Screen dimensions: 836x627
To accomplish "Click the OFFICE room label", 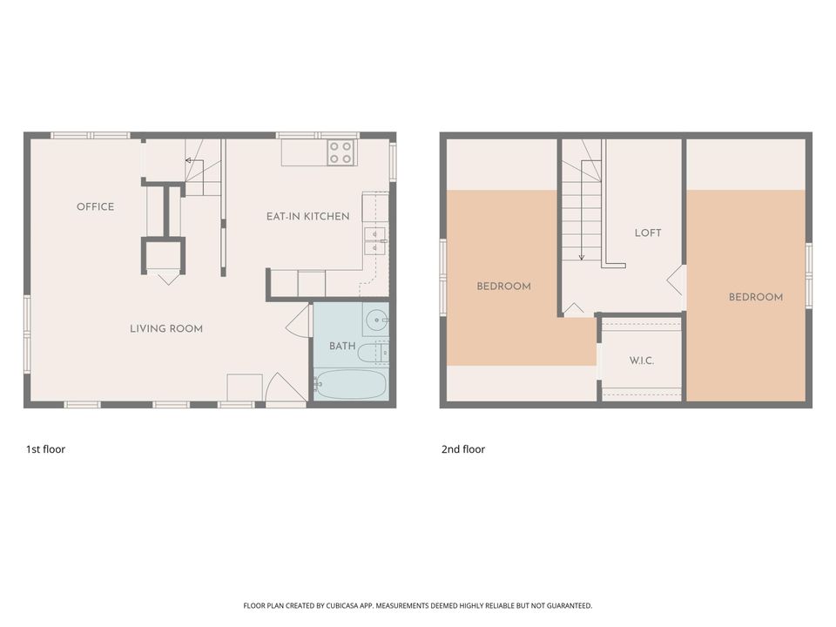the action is tap(96, 207).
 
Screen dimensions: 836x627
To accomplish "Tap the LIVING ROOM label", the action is tap(166, 329).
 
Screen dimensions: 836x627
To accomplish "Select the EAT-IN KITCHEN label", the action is tap(308, 217).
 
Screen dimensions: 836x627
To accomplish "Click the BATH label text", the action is tap(342, 346).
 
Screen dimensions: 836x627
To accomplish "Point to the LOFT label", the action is tap(648, 233).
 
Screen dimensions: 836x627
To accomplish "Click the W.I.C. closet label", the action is tap(642, 361).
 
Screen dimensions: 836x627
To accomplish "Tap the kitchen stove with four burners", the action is tap(340, 152).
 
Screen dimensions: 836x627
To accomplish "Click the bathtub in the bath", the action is tap(350, 384).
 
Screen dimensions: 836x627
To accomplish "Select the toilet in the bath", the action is tap(374, 353).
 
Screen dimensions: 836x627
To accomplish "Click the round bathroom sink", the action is tap(377, 320).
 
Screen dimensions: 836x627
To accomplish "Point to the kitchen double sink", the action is tap(374, 241).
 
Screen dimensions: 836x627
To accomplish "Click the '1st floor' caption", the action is tap(46, 449).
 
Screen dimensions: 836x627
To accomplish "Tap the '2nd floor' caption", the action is tap(463, 449).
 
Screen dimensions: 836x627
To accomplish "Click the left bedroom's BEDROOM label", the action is tap(504, 287).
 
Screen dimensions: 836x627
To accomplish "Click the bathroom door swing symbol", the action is tap(299, 321).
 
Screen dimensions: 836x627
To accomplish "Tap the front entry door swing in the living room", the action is tap(287, 387).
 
